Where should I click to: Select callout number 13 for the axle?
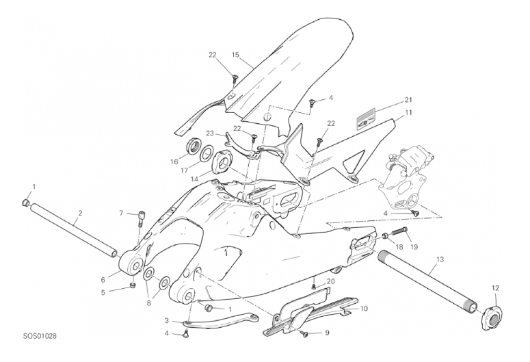pos(440,259)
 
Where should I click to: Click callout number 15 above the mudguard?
pos(235,55)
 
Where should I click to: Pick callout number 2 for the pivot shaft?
pos(80,213)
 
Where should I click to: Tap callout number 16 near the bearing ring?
pos(174,161)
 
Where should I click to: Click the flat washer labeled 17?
pos(206,153)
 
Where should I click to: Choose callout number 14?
pos(194,180)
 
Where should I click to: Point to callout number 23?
pos(210,133)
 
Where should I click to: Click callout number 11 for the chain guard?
pos(409,112)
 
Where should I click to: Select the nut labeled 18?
pos(385,236)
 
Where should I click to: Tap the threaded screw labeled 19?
pos(399,232)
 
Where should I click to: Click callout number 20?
pos(331,281)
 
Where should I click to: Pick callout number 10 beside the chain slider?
pos(364,309)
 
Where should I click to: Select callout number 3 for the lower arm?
pos(167,321)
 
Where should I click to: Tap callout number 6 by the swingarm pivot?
pos(103,280)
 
